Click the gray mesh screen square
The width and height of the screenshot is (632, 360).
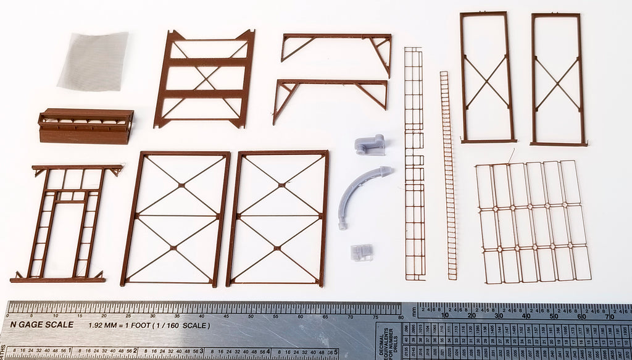[x=94, y=61]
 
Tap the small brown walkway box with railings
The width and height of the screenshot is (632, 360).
[x=86, y=126]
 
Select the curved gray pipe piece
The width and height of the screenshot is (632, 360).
[x=360, y=195]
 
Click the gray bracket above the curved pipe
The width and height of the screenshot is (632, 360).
[x=370, y=145]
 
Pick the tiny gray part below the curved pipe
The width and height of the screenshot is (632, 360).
[x=361, y=252]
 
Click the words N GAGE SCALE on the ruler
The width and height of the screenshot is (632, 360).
[x=41, y=325]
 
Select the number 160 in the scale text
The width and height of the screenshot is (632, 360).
[x=183, y=325]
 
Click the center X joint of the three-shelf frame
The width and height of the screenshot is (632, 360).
[x=205, y=78]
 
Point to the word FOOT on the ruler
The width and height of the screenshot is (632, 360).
[x=146, y=325]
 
